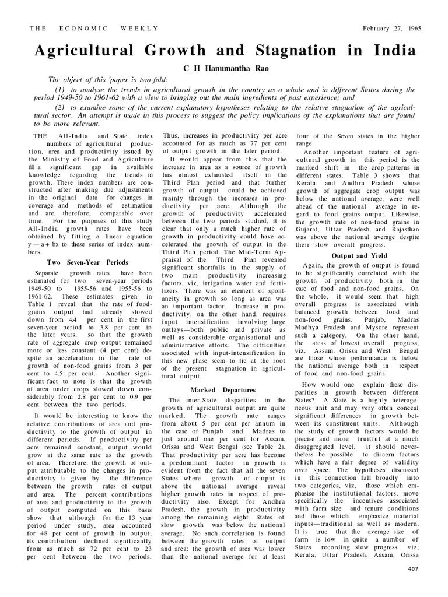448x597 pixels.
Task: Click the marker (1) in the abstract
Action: (60, 89)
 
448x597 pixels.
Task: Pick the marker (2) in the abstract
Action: (60, 108)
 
